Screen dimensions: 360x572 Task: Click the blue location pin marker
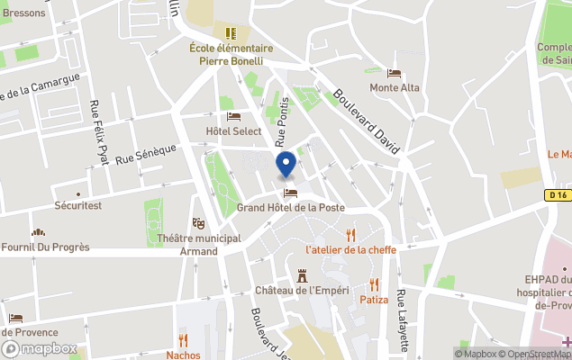pos(286,165)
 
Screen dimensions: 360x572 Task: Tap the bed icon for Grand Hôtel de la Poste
pos(290,193)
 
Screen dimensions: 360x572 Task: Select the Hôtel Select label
pos(233,130)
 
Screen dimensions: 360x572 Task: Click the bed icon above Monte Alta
pos(394,74)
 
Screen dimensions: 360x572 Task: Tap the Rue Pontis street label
pos(283,121)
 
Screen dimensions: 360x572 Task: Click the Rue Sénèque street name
pos(146,154)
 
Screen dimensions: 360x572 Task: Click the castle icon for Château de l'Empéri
pos(302,275)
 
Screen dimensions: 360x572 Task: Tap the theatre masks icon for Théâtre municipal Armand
pos(198,223)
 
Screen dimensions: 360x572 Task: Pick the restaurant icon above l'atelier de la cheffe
pos(350,234)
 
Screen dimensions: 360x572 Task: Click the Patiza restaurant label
pos(374,299)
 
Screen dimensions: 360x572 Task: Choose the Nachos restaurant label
pos(183,354)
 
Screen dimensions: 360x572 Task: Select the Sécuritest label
pos(78,206)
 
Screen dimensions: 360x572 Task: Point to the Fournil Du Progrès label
pos(46,247)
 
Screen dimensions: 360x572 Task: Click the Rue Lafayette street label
pos(403,319)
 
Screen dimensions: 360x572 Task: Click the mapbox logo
pos(39,349)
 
